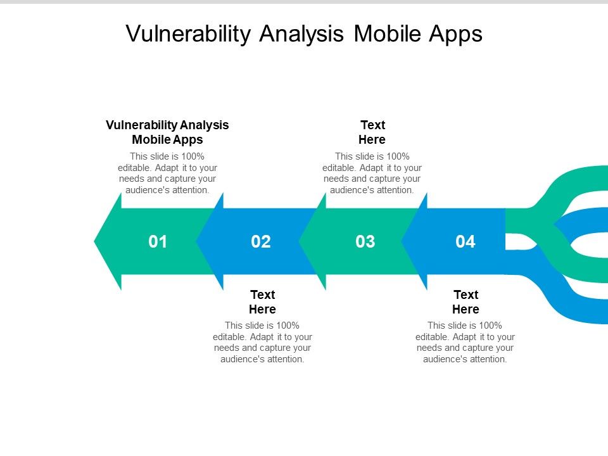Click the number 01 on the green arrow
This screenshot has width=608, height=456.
(158, 241)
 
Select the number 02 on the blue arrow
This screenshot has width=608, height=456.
(261, 241)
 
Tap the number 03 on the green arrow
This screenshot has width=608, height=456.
(365, 241)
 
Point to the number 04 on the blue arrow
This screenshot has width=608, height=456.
(465, 241)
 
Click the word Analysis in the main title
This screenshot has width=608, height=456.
(301, 34)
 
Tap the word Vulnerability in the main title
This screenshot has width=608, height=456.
(188, 34)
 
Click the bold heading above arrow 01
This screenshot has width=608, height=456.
(167, 132)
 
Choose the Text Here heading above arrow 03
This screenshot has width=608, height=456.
(372, 132)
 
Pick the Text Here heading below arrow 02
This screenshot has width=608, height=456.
(262, 302)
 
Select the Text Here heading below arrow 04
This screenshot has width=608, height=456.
(465, 302)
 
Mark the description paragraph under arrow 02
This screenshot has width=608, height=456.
(262, 343)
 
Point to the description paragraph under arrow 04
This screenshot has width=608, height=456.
(465, 343)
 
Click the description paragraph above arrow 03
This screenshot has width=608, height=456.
(372, 173)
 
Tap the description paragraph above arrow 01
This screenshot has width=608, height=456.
(167, 173)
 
